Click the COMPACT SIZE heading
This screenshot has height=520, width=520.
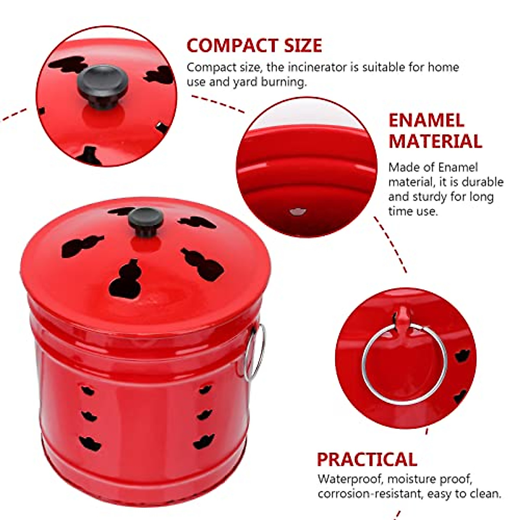point(254,45)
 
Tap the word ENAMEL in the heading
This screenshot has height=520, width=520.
point(426,120)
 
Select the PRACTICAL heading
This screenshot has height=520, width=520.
point(367,459)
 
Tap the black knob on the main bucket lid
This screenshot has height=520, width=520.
point(146,221)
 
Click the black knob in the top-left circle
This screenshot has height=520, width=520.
point(103,85)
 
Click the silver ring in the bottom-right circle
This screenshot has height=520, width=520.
point(404,364)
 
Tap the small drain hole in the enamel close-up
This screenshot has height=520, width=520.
point(298,211)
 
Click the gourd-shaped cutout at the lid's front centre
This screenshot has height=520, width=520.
point(126,279)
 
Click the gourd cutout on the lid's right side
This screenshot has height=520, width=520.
point(202,263)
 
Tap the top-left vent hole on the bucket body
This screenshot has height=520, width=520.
point(88,390)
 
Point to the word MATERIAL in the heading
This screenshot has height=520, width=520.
point(435,141)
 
